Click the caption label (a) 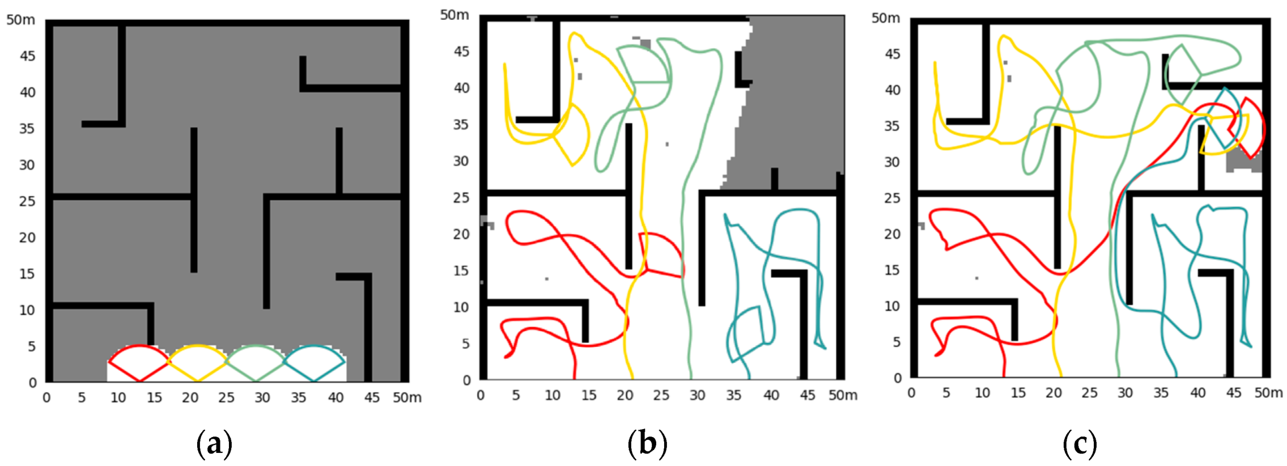tap(214, 444)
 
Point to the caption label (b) tap(647, 444)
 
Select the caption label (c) tap(1080, 444)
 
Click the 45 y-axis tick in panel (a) tap(27, 56)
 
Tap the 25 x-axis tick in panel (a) tap(226, 397)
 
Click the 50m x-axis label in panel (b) tap(843, 395)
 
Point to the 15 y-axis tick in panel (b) tap(461, 270)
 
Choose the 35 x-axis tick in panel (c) tap(1161, 393)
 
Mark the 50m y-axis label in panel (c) tap(886, 18)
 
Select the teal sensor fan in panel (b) tap(744, 334)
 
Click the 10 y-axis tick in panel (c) tap(893, 306)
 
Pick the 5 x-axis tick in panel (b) tap(516, 395)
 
